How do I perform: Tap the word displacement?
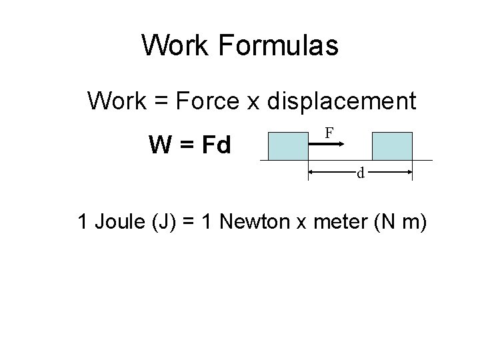pos(341,101)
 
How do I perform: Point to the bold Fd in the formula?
pos(215,144)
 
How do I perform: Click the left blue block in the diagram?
pos(287,146)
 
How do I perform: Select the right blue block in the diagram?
pos(392,146)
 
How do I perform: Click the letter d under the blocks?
pos(360,174)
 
